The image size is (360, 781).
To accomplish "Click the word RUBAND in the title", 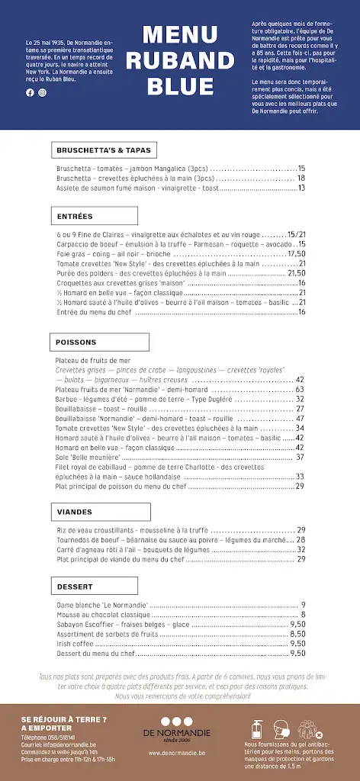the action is [x=179, y=60].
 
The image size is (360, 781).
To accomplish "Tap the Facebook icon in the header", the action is [x=31, y=92].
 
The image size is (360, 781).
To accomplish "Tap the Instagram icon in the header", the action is [x=42, y=92].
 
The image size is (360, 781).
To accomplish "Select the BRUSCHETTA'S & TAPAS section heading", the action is [x=104, y=149].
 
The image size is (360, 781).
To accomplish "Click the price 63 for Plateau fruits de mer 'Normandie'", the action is [x=300, y=389].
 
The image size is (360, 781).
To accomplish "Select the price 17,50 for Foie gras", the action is [x=296, y=253].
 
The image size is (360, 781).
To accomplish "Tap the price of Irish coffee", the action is [x=297, y=644].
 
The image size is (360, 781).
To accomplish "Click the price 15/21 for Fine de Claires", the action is [x=296, y=234].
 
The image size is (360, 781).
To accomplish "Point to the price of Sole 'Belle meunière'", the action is [x=300, y=458].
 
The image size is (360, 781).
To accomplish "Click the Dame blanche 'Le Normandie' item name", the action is [x=103, y=604].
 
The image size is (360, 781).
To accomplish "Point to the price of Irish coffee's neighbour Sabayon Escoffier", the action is [x=297, y=624].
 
